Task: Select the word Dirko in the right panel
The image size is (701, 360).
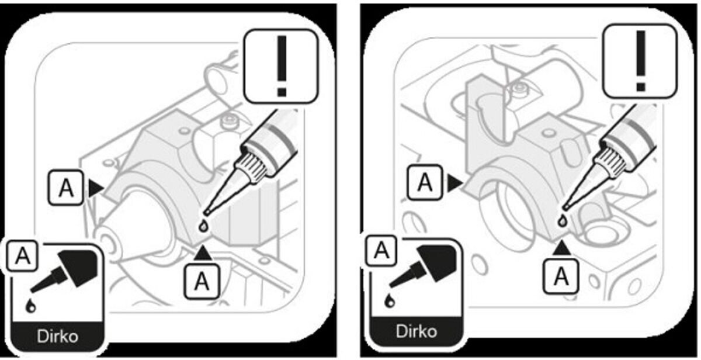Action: pyautogui.click(x=416, y=331)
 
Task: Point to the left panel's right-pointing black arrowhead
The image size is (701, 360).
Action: pyautogui.click(x=95, y=187)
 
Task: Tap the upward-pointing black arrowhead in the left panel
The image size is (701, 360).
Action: pyautogui.click(x=202, y=253)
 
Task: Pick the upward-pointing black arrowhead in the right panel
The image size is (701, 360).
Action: pyautogui.click(x=562, y=248)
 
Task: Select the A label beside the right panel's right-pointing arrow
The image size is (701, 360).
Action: pyautogui.click(x=426, y=184)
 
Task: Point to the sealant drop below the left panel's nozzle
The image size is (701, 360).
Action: pyautogui.click(x=203, y=226)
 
